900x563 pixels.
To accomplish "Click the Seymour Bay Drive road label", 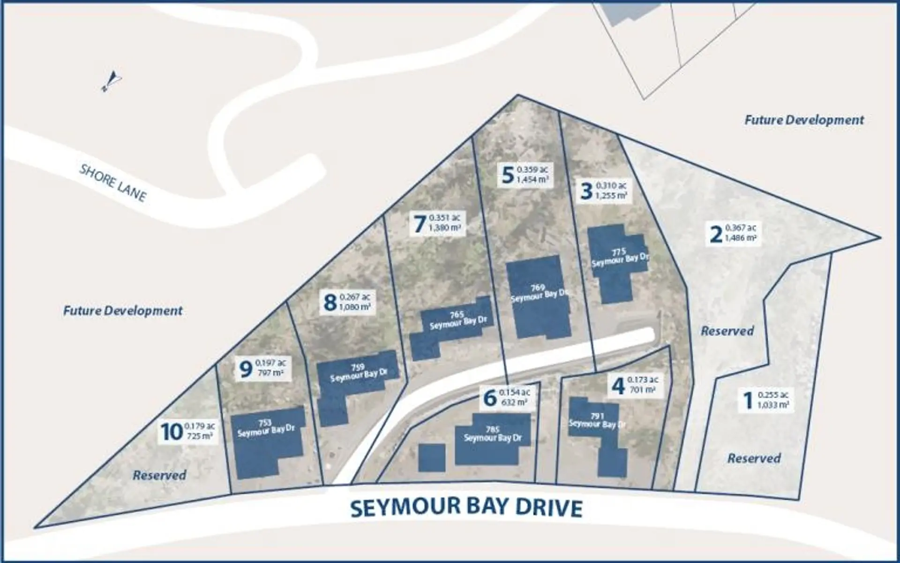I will pos(466,508).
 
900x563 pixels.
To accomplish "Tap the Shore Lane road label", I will pos(113,183).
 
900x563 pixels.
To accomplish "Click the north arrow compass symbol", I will pos(110,81).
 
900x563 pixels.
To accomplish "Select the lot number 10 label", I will pos(187,432).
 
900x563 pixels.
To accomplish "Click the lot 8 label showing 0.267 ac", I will pos(347,302).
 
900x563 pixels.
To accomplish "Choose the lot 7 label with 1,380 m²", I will pos(437,223).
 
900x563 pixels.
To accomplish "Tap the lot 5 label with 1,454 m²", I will pos(525,175).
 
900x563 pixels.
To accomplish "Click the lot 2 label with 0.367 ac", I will pos(733,233).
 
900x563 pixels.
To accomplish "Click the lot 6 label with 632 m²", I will pos(507,397).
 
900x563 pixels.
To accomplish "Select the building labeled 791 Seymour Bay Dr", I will pos(598,434).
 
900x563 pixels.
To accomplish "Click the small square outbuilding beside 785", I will pos(431,457).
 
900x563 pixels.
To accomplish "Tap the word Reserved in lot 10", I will pos(159,475).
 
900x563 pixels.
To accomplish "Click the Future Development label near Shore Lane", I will pos(123,311).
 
